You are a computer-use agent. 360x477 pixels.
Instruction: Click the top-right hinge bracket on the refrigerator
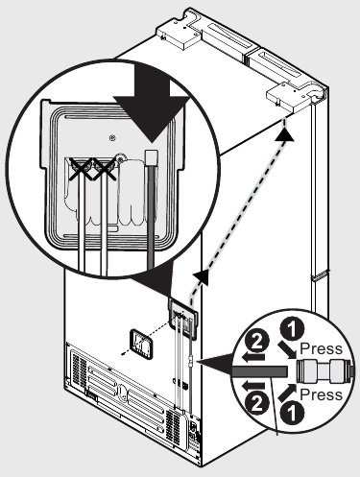(293, 92)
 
